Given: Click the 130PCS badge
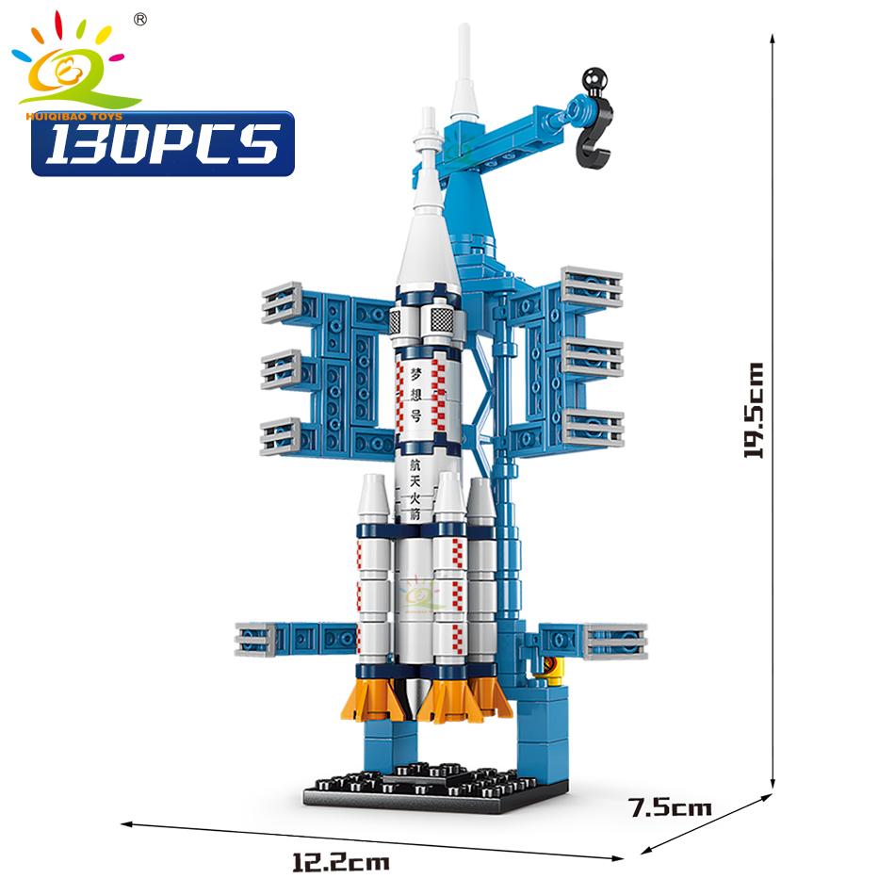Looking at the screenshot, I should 162,144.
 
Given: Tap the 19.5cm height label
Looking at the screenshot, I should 755,410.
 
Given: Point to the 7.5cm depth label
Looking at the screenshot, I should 671,806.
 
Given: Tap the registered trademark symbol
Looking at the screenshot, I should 140,19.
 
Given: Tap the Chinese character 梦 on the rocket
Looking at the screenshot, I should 415,373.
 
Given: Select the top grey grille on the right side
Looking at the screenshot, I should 593,286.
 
